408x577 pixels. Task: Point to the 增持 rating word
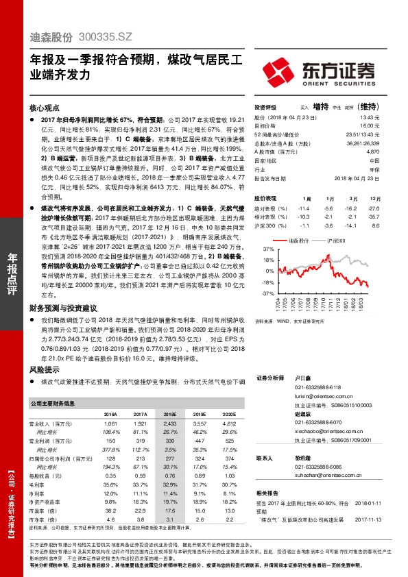tap(320, 108)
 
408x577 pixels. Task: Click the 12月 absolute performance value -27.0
tap(374, 207)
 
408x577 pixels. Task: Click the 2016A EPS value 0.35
tap(110, 476)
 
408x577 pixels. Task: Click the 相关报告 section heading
tap(266, 493)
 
